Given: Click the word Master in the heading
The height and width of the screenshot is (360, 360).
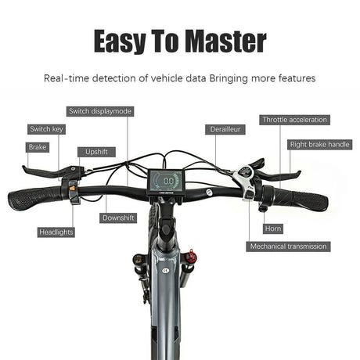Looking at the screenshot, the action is [227, 41].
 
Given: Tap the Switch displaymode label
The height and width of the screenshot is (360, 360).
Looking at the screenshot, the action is [100, 111].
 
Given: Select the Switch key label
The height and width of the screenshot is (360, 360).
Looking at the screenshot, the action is [46, 129].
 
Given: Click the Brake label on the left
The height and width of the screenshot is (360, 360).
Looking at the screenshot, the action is [38, 147].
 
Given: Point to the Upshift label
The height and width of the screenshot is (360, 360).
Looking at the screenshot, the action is [96, 152].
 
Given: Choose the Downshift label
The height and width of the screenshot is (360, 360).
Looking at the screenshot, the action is [118, 218].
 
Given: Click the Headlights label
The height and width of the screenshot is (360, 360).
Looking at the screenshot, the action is [56, 232].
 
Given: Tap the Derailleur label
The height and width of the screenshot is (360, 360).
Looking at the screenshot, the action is [225, 129].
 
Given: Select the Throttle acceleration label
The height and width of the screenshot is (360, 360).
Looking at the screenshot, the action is [294, 120].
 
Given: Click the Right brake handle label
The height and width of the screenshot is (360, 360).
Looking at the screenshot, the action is [320, 145].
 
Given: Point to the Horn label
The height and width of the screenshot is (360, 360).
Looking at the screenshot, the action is [273, 229].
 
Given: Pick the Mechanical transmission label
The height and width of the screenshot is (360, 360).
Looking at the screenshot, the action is [288, 247].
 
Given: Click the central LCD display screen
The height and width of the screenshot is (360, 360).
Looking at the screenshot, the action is [166, 182].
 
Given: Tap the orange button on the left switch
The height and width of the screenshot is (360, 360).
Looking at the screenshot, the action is [72, 187].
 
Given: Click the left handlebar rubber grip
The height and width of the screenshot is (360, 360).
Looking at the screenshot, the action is [35, 198].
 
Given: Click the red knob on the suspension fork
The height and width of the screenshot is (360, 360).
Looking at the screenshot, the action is [192, 257].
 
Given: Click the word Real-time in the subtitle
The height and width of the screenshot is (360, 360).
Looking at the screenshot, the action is [67, 78].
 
